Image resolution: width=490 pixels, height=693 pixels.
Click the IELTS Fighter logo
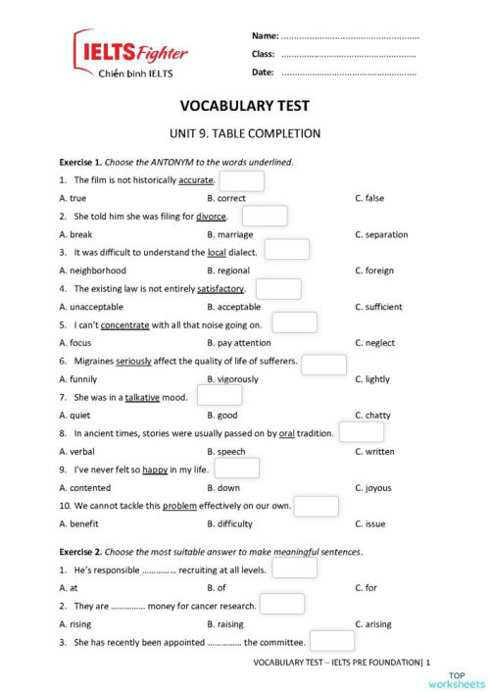tap(130, 55)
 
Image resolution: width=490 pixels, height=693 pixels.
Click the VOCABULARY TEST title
tap(245, 106)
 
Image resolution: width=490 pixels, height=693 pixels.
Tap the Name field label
tap(265, 35)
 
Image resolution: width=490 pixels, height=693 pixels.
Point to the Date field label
tap(263, 73)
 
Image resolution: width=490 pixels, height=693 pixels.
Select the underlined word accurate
tap(196, 180)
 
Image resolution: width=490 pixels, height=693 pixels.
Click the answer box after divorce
tap(264, 216)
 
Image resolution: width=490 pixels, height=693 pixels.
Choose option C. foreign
tap(377, 271)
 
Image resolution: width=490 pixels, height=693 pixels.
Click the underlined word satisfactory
tap(220, 289)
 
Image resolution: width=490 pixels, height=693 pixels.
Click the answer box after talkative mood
tap(219, 396)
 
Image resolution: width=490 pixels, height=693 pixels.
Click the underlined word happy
tap(155, 470)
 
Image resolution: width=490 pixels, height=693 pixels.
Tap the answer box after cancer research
tap(282, 605)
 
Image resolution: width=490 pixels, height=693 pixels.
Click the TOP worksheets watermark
tap(465, 679)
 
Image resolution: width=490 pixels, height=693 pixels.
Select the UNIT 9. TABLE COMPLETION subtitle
tap(245, 133)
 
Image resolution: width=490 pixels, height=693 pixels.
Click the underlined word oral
tap(287, 433)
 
